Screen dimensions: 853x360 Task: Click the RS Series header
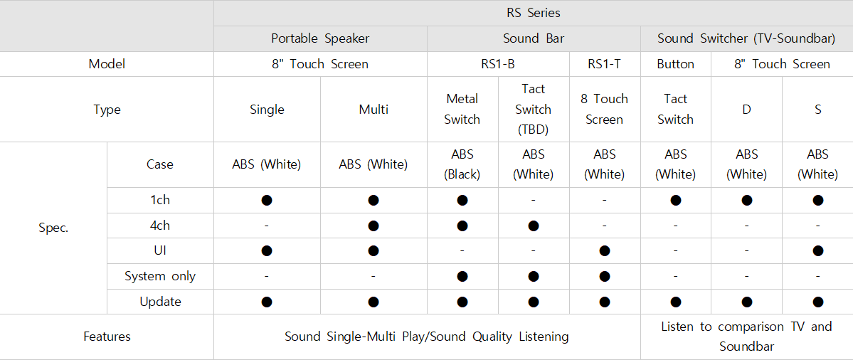533,13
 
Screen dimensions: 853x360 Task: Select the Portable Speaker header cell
320,38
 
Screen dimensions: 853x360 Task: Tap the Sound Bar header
533,38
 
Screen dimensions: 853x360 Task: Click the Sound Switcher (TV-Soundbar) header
746,38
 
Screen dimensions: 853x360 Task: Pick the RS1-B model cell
498,64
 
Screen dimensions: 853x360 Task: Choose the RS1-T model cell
605,64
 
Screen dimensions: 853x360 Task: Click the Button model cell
676,64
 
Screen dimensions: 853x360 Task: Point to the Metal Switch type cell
462,110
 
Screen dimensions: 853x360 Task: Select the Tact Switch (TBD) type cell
533,110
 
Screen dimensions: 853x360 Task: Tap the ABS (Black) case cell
462,165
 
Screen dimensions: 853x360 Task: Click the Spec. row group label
53,228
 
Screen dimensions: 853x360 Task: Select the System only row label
160,276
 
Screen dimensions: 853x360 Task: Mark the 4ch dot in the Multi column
373,225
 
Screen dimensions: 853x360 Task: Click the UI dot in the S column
817,250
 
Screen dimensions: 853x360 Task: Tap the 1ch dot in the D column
746,200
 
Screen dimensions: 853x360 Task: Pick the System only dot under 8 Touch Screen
605,276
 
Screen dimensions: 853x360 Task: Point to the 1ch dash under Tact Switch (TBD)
533,200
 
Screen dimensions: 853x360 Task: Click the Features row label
107,337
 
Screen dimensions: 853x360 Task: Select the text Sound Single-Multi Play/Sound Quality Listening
427,337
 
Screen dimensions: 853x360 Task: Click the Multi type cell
373,110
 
